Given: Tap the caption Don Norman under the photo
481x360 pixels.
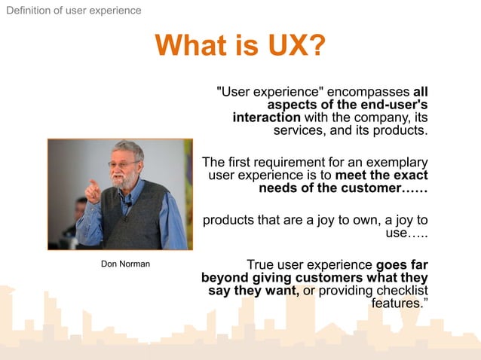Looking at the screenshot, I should [x=125, y=264].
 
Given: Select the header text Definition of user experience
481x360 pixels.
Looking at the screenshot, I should [x=73, y=11].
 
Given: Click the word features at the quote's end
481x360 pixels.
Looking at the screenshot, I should [x=396, y=304].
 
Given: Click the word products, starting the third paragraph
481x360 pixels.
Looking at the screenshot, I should [x=230, y=221].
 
